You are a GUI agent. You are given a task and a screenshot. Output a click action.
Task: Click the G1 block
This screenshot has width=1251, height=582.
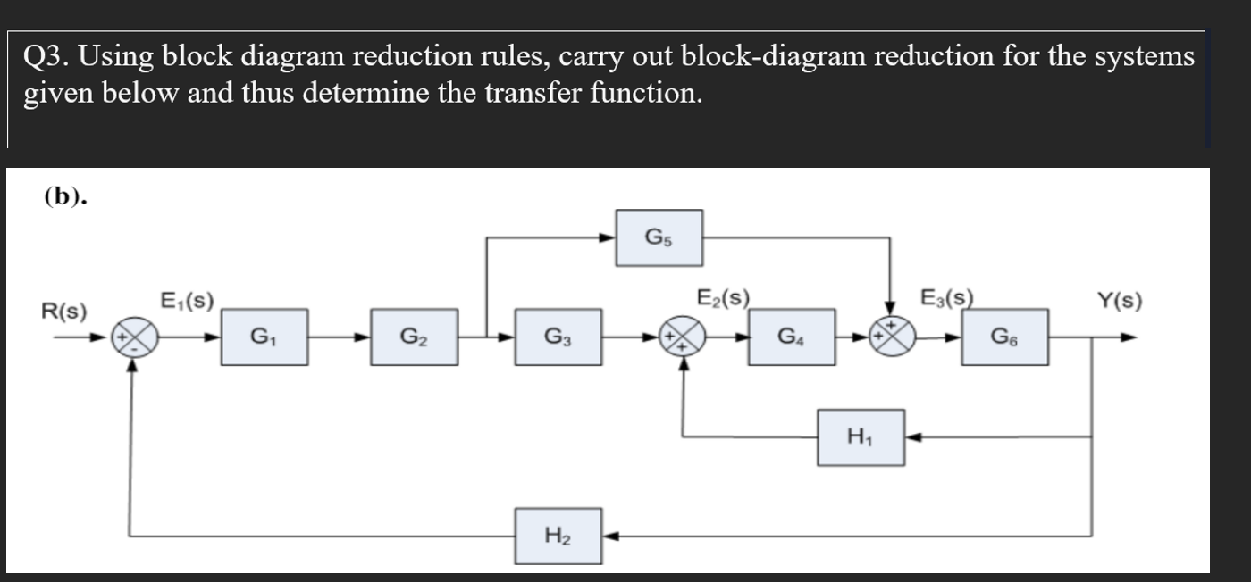point(265,337)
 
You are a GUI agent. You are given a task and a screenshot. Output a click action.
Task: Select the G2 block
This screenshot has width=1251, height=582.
point(415,337)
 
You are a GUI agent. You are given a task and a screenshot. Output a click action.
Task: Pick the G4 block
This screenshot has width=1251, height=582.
point(792,337)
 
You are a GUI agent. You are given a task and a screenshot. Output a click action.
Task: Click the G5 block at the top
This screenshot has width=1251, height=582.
point(659,237)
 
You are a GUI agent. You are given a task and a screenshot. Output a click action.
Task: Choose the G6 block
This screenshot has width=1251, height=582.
point(1004,337)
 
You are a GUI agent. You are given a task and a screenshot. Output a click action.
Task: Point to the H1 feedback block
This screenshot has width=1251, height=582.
point(861,437)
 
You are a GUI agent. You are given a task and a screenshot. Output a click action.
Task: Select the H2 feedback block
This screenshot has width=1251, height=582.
point(558,536)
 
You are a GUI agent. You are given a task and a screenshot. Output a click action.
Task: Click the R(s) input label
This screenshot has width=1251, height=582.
point(64,312)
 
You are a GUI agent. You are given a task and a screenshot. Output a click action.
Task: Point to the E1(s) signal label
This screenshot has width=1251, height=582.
point(185,300)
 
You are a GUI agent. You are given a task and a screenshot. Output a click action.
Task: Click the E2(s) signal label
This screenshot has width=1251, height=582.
point(723,297)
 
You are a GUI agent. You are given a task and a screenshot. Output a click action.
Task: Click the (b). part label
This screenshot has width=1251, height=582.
point(65,197)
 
